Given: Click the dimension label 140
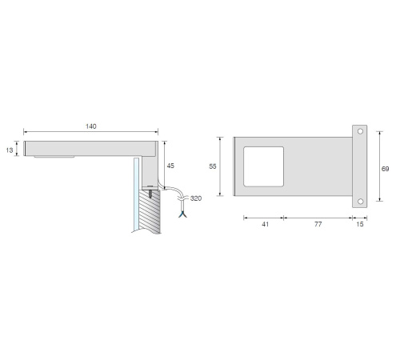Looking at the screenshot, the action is pos(91,126).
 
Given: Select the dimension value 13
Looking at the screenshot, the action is pos(10,150).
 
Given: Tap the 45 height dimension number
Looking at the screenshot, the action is pos(170,166).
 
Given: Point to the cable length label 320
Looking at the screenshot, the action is pos(196,198).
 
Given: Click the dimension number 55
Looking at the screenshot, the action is pos(213,166).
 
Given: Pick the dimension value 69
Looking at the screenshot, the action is pos(385,169).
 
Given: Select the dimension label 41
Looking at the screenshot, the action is pos(265,224).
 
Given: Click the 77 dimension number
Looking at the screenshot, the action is pos(318,224).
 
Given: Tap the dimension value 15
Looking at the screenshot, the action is pos(360,224).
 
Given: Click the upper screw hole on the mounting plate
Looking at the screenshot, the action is pos(360,131).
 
